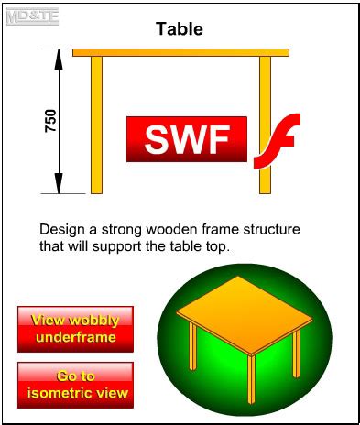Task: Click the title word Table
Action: [x=179, y=28]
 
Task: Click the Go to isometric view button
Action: [x=75, y=385]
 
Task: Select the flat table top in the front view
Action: [x=180, y=52]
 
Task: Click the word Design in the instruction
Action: [x=61, y=228]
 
